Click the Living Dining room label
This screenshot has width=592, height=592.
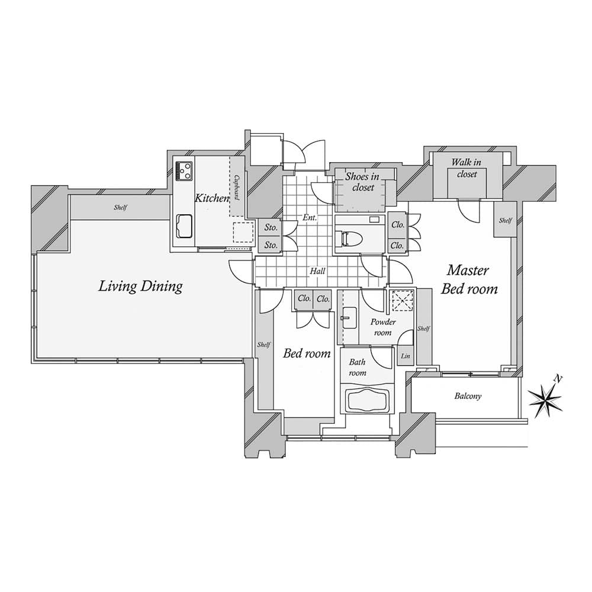(x=140, y=287)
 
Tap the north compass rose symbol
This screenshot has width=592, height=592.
(x=548, y=400)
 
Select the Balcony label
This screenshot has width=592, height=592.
(x=468, y=396)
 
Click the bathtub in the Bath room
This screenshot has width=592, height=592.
(x=367, y=401)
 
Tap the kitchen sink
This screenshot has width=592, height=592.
(x=184, y=226)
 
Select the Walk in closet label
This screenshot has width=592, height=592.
(x=466, y=168)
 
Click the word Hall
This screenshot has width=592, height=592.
(x=318, y=271)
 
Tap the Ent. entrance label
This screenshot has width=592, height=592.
(x=310, y=218)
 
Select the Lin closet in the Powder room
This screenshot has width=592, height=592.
(x=406, y=356)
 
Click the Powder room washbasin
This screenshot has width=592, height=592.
(x=347, y=318)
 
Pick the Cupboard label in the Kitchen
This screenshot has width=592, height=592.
(x=236, y=186)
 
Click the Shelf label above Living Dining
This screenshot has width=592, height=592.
(x=121, y=208)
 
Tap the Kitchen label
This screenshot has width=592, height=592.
(x=211, y=198)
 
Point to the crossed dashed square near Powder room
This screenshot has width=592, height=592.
(x=402, y=301)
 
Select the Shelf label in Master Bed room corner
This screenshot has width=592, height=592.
(x=505, y=220)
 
